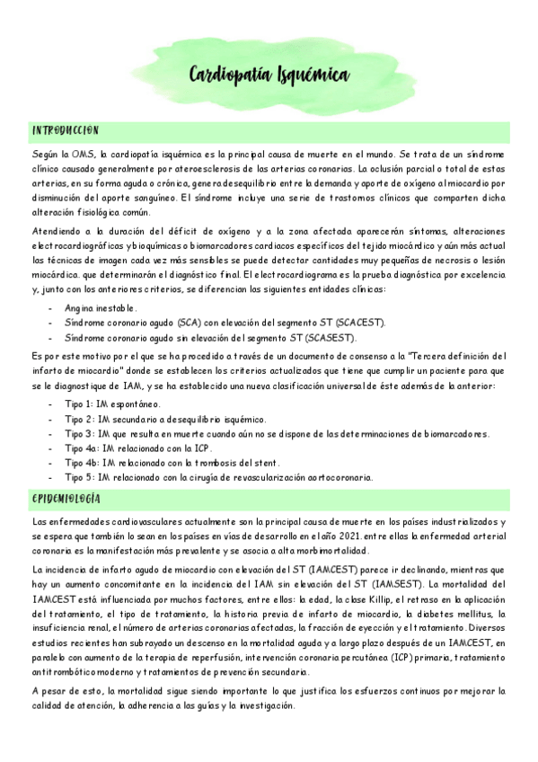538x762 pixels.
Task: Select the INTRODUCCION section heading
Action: [x=65, y=130]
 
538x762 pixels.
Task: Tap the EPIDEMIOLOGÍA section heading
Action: [x=66, y=499]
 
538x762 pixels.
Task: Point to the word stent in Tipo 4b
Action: [x=256, y=463]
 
